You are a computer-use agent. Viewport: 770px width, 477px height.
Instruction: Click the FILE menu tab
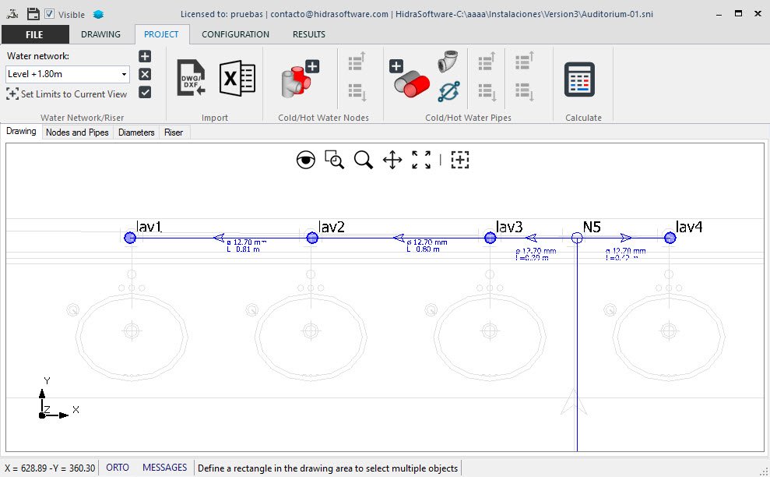click(34, 34)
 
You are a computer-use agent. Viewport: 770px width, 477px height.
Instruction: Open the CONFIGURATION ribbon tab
click(235, 34)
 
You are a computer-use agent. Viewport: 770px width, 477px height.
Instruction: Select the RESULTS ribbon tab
click(308, 34)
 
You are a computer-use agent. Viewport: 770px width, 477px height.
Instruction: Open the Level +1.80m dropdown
click(68, 75)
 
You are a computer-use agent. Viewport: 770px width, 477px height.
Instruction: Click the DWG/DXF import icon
click(191, 79)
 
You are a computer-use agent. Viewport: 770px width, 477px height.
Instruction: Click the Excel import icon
click(237, 79)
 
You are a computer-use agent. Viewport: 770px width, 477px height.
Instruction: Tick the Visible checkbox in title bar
click(50, 14)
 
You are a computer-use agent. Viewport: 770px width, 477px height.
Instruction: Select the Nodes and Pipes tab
click(77, 132)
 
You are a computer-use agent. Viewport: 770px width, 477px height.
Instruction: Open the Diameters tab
click(136, 132)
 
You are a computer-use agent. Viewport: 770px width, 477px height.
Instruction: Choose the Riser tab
click(174, 132)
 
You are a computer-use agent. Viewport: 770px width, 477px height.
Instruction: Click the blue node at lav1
click(130, 238)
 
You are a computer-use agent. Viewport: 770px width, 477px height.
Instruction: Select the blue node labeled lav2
click(312, 238)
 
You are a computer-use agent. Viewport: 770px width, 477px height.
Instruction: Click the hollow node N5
click(577, 238)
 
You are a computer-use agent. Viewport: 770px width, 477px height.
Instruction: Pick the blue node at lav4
click(670, 238)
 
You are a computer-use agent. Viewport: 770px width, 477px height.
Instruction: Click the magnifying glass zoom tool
click(363, 161)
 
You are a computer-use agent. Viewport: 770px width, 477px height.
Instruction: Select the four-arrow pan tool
click(392, 161)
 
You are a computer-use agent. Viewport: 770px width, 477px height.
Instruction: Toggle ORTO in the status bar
click(118, 468)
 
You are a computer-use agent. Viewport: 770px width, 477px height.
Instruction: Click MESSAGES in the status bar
click(164, 468)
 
